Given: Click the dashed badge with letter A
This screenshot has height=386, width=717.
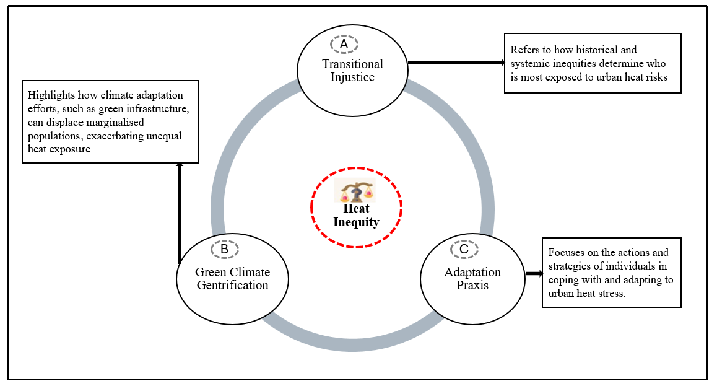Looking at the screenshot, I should (x=344, y=45).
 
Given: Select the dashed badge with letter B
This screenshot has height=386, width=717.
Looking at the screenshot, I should (x=224, y=249).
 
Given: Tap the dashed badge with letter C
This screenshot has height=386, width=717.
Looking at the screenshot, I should (x=464, y=249).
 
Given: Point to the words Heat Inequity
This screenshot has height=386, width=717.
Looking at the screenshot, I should (x=356, y=216).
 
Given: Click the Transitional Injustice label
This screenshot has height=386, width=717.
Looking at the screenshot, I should (x=352, y=71).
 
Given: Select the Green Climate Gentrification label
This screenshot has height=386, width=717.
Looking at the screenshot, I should (x=232, y=279).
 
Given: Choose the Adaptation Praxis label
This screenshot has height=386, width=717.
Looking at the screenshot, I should (x=472, y=279).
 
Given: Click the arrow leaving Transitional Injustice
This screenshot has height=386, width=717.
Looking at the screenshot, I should (x=456, y=63).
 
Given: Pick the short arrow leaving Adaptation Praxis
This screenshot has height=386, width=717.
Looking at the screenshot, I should (x=533, y=273).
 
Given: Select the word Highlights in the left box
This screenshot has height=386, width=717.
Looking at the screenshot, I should (x=51, y=95).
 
